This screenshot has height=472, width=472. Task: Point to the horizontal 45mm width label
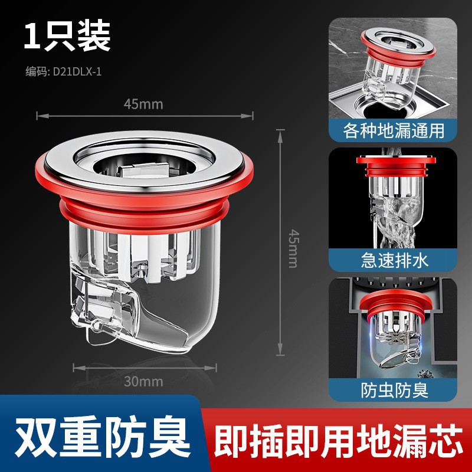point(143,104)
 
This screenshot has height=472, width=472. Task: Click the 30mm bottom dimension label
point(143,381)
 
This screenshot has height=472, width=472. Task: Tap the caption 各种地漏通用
point(394,129)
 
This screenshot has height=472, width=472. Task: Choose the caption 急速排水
point(394,259)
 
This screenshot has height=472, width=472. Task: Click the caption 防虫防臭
point(394,390)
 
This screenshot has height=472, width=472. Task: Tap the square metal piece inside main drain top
point(144,170)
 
